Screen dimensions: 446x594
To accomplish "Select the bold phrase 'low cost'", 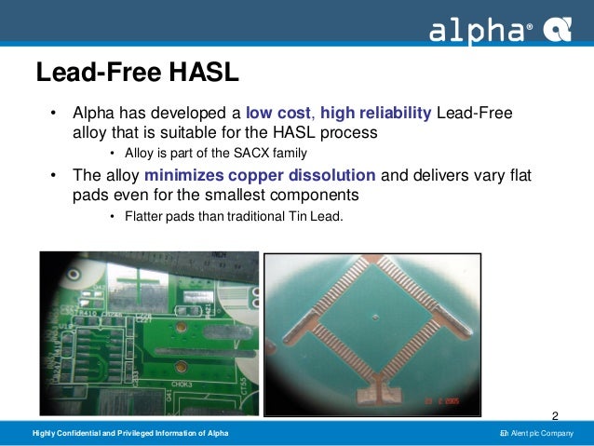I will [278, 114].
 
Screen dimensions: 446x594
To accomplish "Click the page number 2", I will [556, 415].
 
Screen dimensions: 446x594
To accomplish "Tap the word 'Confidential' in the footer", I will [89, 435].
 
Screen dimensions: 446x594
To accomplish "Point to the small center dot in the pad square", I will [373, 317].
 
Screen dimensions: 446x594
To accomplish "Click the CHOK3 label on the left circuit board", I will [182, 383].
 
